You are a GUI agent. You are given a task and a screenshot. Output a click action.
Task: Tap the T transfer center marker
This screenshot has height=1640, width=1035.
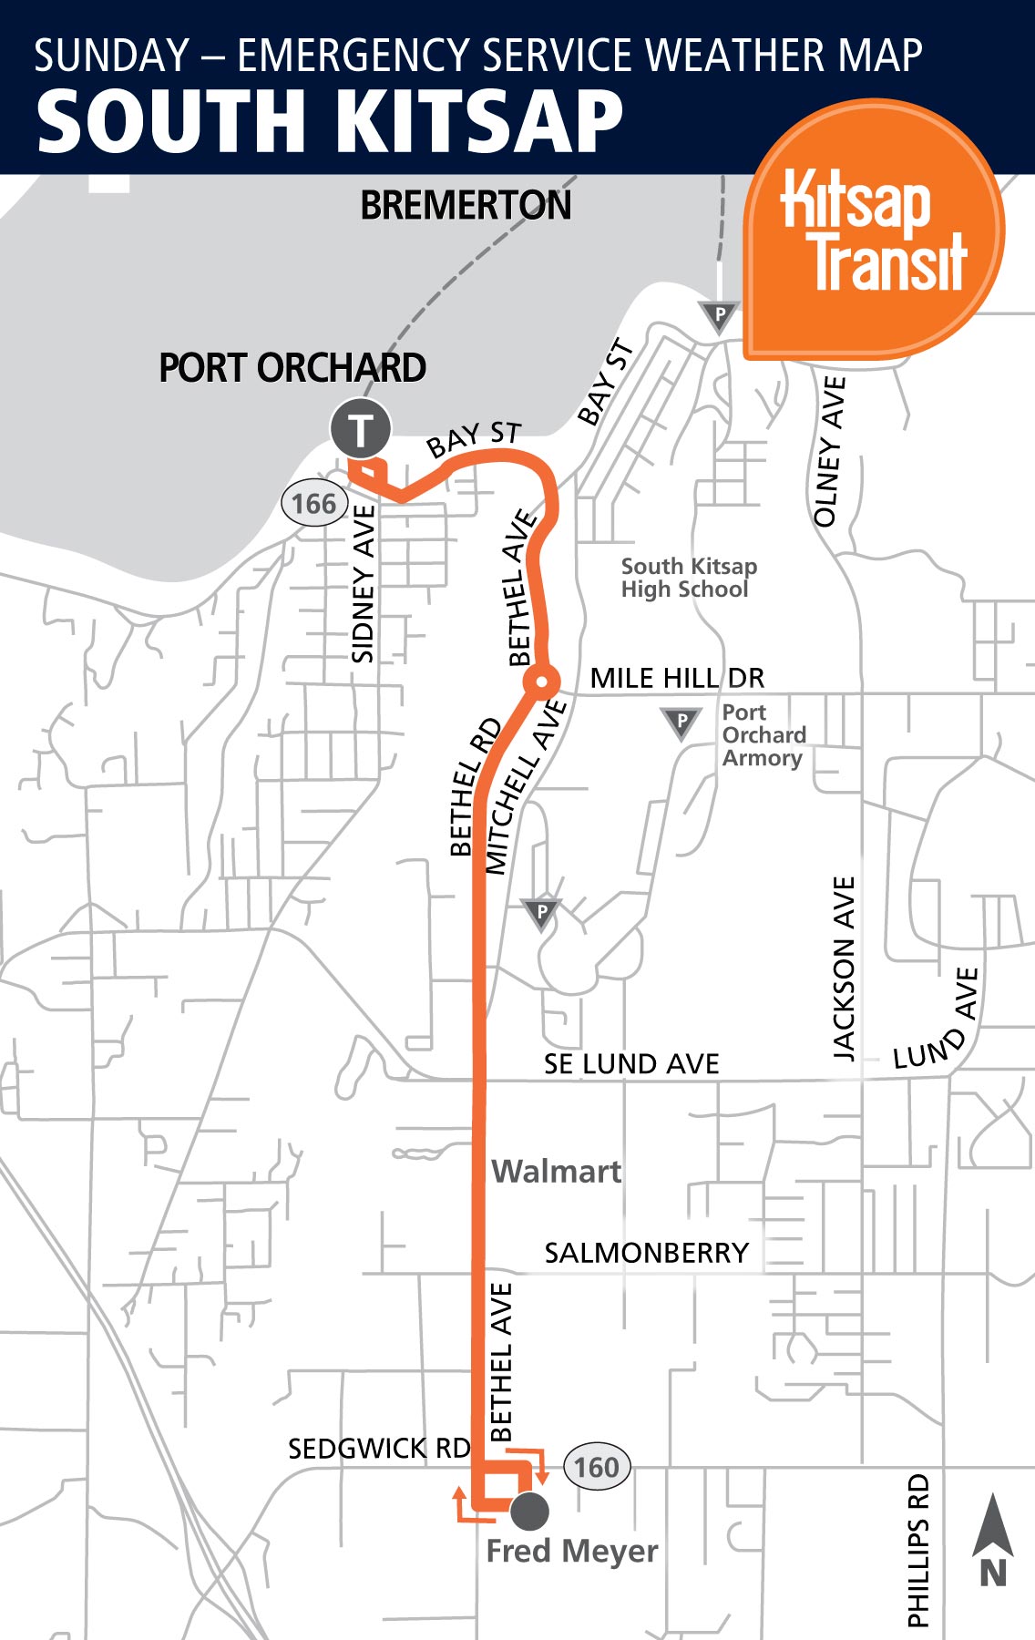[361, 428]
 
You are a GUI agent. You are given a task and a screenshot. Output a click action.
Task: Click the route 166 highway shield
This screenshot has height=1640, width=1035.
[314, 504]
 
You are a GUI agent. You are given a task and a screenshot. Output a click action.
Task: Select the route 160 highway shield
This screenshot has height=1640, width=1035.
[597, 1467]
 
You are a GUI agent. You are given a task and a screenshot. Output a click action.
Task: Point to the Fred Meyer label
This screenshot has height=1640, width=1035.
[572, 1551]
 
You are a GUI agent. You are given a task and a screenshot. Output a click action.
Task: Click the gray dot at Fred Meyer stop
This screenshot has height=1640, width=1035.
[529, 1511]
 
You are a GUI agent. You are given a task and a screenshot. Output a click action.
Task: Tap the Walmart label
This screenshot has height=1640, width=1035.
[557, 1171]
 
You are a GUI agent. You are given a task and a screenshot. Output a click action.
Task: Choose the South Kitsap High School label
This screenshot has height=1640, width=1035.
[689, 578]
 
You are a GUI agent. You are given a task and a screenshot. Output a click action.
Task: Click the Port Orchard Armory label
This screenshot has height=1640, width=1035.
[763, 735]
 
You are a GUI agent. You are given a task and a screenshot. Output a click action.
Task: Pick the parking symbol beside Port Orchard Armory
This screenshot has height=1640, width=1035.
[681, 723]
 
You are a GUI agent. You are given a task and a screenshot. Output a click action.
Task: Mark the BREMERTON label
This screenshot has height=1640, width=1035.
[466, 206]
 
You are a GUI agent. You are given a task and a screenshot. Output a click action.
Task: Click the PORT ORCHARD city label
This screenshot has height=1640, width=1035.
[292, 368]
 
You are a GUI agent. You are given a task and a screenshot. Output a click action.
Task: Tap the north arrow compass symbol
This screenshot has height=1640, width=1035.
[993, 1540]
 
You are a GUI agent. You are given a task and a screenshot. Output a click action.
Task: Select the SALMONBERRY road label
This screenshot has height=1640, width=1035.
[646, 1253]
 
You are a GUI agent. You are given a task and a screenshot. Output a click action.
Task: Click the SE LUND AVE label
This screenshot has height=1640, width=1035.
[631, 1063]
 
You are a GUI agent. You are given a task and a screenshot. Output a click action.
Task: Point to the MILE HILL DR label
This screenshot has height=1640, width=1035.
[677, 678]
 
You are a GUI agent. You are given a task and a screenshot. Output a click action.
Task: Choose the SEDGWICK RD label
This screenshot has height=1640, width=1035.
[379, 1449]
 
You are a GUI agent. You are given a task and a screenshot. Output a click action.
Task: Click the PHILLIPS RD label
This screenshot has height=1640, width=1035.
[918, 1550]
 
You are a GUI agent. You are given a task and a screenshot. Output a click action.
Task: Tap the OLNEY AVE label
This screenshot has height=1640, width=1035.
[829, 452]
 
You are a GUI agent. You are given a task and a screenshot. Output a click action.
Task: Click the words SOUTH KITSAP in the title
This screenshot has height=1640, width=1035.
[330, 121]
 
